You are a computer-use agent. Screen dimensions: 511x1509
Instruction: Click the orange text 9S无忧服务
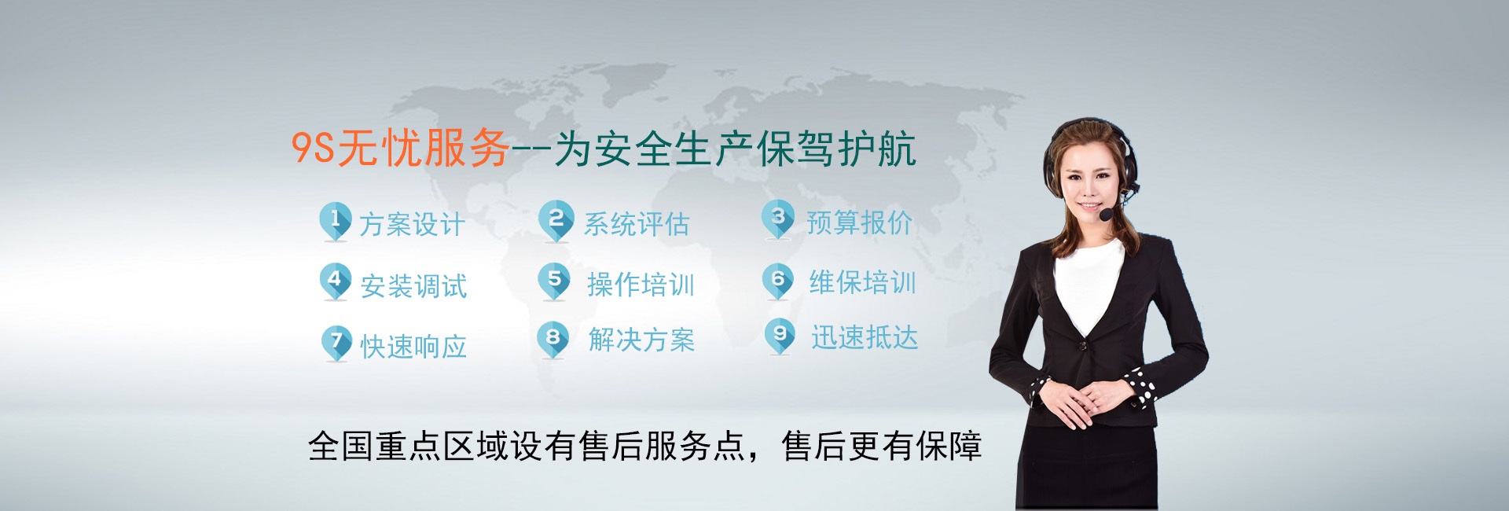[x=401, y=148]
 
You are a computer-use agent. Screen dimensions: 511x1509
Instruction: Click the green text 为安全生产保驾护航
[x=735, y=149]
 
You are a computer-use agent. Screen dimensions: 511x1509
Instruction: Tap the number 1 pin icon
[x=335, y=220]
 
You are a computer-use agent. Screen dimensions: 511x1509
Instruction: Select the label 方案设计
[x=413, y=225]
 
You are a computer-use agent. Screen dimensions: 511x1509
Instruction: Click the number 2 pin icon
[x=556, y=219]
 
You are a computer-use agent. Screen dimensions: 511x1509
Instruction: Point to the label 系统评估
[x=637, y=225]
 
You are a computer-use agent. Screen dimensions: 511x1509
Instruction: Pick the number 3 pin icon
[x=778, y=218]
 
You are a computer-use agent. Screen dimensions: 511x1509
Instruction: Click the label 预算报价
[x=860, y=223]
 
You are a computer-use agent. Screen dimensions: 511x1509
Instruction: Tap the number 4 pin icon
[x=335, y=280]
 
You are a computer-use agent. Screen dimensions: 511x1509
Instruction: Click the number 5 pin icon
[x=554, y=280]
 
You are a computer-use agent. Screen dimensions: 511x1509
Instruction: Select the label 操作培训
[x=641, y=285]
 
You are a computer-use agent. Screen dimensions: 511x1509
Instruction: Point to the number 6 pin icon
[x=778, y=280]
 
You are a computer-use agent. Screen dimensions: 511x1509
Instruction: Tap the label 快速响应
[x=414, y=347]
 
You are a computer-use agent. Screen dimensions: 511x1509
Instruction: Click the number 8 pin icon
[x=553, y=339]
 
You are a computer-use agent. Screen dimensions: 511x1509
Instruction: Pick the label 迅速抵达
[x=865, y=338]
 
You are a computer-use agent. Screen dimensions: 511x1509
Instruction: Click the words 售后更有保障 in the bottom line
[x=882, y=447]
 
